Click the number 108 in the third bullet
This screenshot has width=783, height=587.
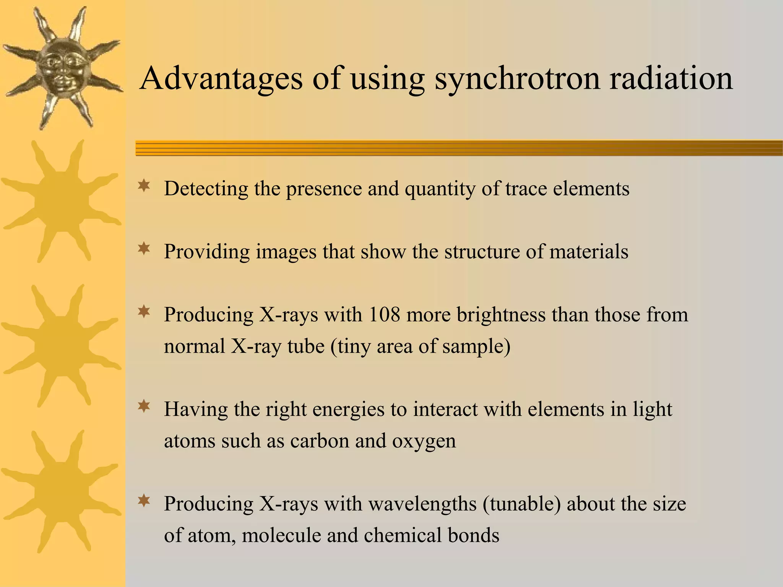pyautogui.click(x=384, y=315)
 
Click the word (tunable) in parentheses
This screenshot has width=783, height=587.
pyautogui.click(x=521, y=504)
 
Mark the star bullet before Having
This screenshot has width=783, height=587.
pyautogui.click(x=144, y=407)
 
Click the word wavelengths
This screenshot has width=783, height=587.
pyautogui.click(x=422, y=504)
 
